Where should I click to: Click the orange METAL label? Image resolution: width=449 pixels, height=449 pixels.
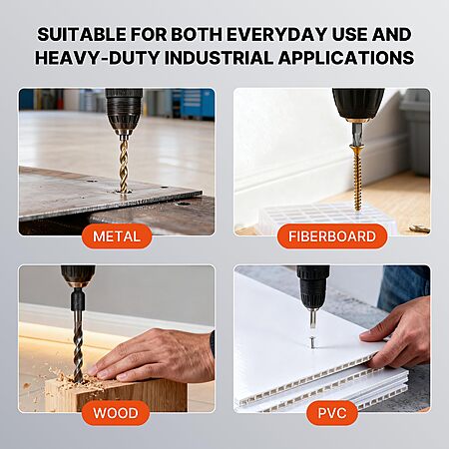[117, 236]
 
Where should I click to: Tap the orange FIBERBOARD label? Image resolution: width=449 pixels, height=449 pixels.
[332, 236]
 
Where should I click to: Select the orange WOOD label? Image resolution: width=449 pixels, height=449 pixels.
[116, 413]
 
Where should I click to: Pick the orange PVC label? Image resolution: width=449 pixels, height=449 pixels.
[332, 413]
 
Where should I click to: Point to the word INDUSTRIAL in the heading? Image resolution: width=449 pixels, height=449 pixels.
[219, 58]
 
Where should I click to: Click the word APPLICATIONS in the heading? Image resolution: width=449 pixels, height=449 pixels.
[346, 58]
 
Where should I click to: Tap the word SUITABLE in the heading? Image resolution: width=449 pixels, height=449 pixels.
[82, 35]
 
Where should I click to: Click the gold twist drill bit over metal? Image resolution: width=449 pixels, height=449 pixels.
[124, 163]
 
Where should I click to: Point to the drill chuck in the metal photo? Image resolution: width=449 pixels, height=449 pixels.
[124, 110]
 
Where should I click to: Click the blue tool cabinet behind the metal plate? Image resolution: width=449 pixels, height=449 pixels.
[193, 103]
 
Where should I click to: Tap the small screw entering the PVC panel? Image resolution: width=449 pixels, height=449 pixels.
[312, 342]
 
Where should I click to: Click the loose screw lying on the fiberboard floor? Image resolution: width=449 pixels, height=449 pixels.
[420, 228]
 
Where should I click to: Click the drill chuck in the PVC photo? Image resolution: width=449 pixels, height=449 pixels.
[312, 286]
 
